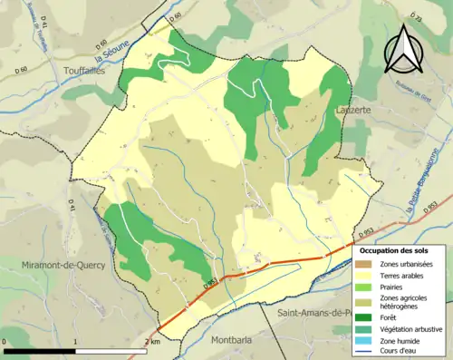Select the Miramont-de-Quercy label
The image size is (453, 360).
tap(63, 265)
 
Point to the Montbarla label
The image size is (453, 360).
tap(233, 341)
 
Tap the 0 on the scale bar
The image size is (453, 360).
tap(5, 342)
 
